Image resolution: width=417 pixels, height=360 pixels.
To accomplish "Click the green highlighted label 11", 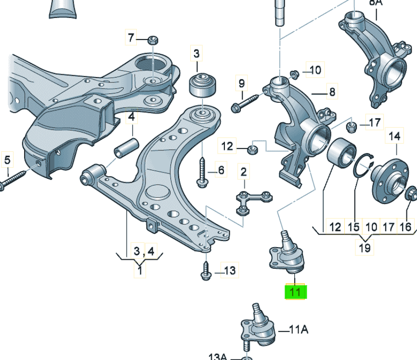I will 295,292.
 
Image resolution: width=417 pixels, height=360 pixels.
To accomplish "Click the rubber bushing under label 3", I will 201,85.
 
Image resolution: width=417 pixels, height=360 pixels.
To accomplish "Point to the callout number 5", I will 7,159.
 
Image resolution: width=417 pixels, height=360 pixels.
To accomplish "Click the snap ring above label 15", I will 363,168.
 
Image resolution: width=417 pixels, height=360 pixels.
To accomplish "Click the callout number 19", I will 365,248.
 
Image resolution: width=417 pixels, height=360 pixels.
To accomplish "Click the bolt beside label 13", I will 205,270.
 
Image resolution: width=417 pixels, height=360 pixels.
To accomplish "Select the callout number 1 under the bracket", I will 140,271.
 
